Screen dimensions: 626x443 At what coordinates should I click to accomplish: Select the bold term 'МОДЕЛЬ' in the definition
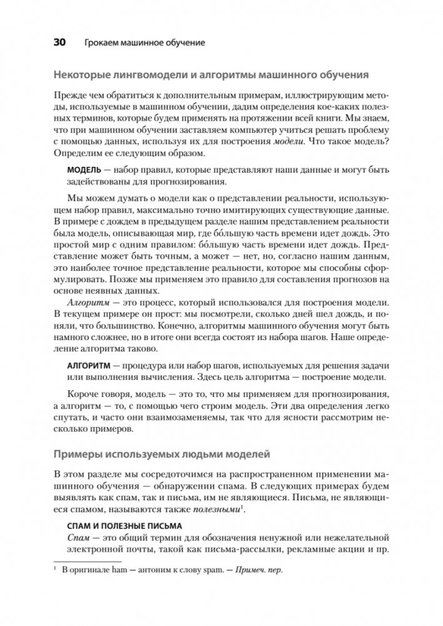pyautogui.click(x=85, y=169)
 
